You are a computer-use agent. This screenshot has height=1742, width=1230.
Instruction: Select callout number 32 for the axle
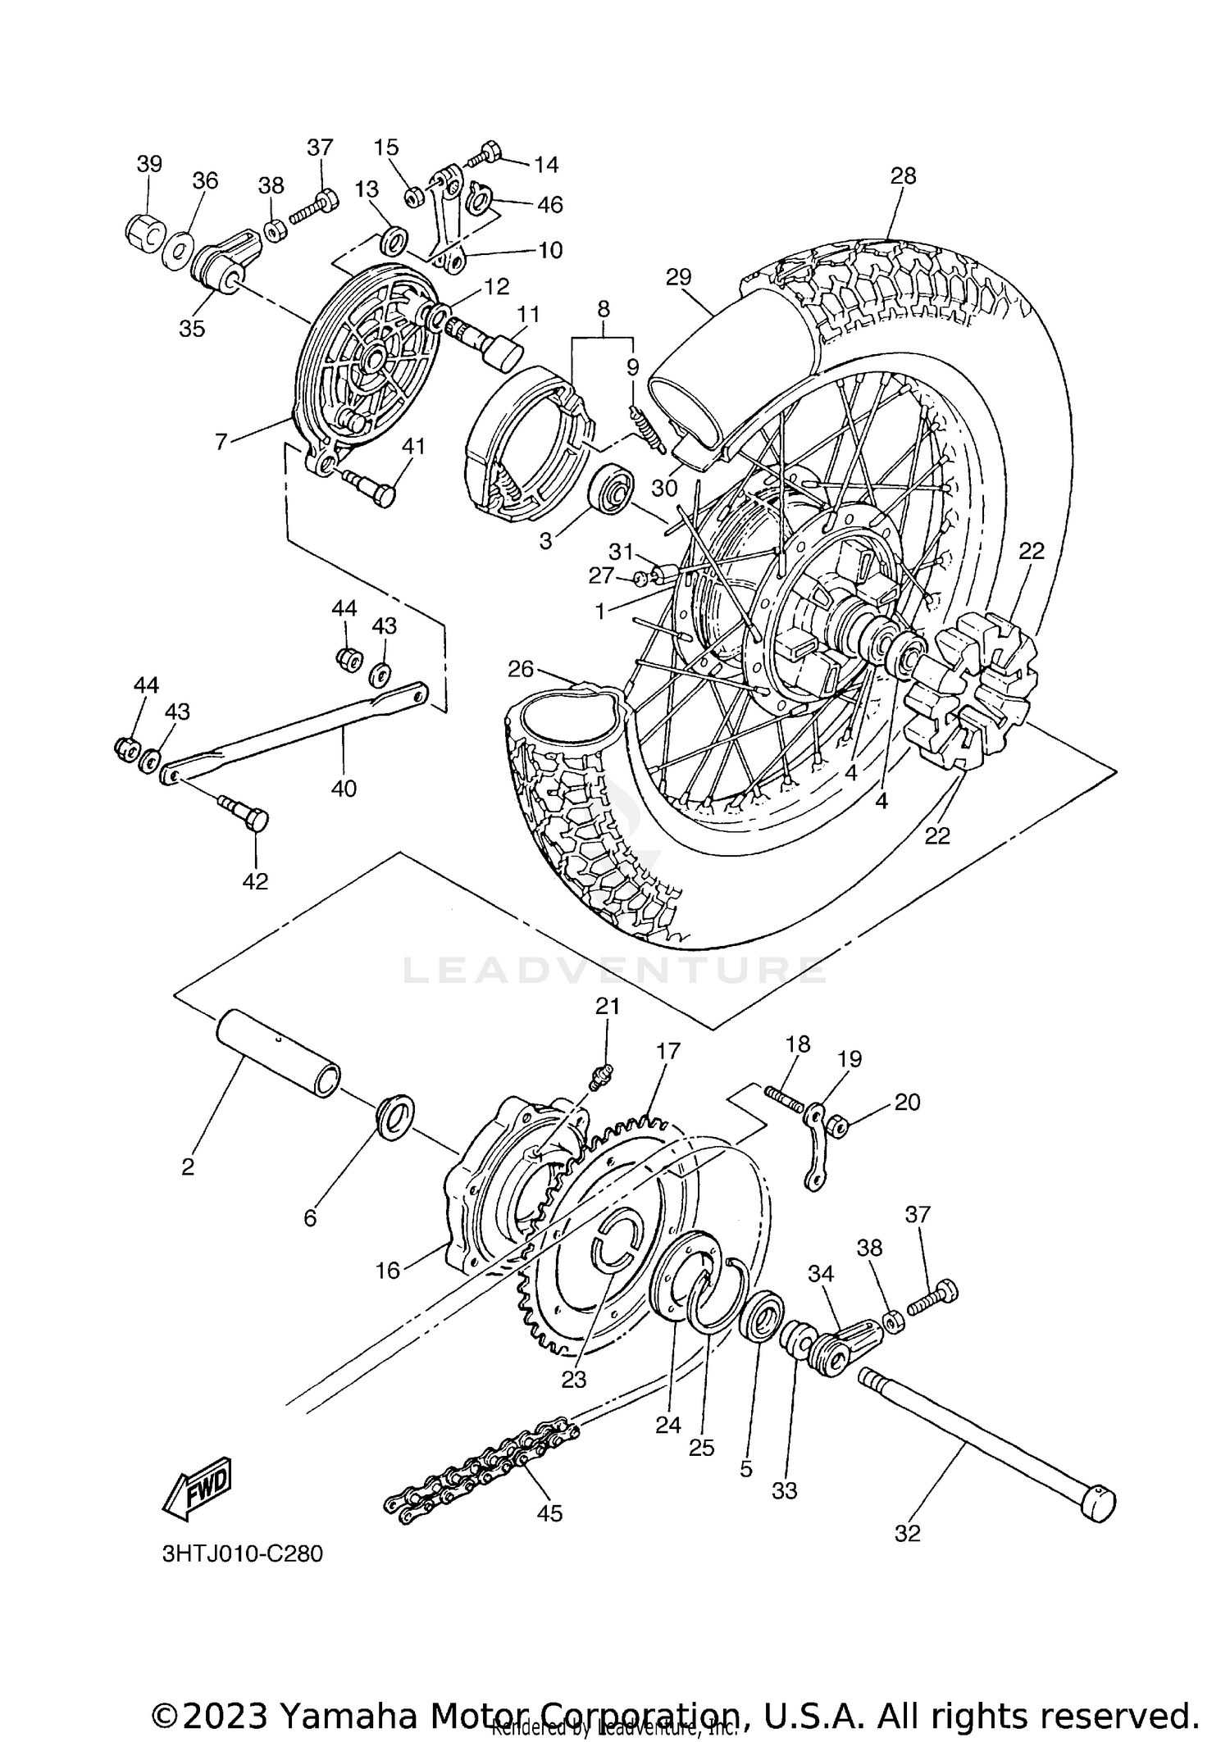pyautogui.click(x=908, y=1533)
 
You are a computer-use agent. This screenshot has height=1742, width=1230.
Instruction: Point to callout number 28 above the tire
pyautogui.click(x=903, y=175)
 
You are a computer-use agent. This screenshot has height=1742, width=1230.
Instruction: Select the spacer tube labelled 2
pyautogui.click(x=279, y=1053)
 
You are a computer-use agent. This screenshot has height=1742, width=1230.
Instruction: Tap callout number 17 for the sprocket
pyautogui.click(x=668, y=1050)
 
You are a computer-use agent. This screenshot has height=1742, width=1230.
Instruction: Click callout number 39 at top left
pyautogui.click(x=149, y=163)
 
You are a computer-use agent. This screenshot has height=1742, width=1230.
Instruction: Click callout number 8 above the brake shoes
pyautogui.click(x=604, y=309)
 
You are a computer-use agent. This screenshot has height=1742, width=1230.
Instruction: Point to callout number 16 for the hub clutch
pyautogui.click(x=387, y=1271)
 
